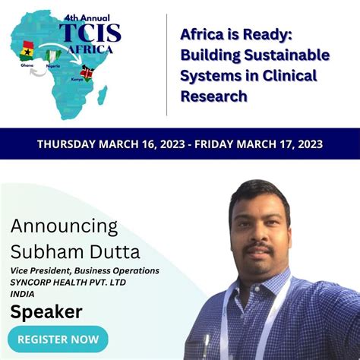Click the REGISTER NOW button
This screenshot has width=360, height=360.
(x=57, y=339)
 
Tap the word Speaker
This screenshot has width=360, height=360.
(x=46, y=311)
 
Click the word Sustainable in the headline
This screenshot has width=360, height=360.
(x=292, y=56)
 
